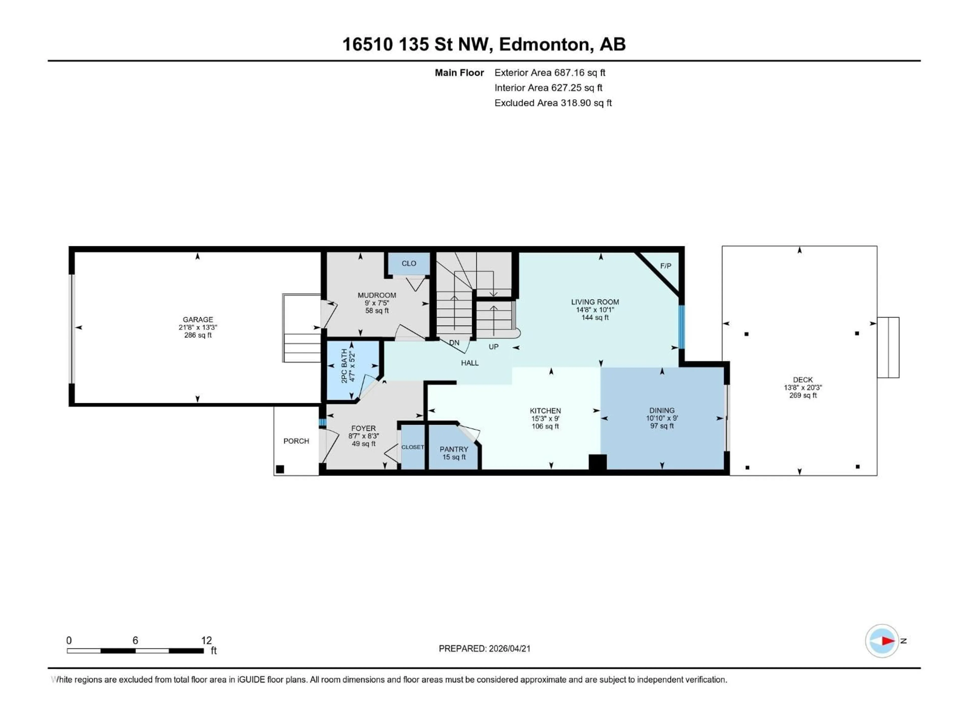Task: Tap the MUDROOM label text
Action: (377, 295)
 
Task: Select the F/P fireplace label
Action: (665, 266)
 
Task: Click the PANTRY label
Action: (454, 449)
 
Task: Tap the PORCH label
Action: (296, 441)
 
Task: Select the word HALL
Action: (470, 363)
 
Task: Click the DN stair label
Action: (454, 343)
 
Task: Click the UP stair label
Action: (493, 347)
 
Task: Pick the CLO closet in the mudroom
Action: (409, 263)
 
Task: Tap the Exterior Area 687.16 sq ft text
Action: (550, 73)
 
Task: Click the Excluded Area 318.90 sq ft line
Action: (553, 103)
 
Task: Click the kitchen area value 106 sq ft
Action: (545, 426)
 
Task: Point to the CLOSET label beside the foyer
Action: (412, 447)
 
